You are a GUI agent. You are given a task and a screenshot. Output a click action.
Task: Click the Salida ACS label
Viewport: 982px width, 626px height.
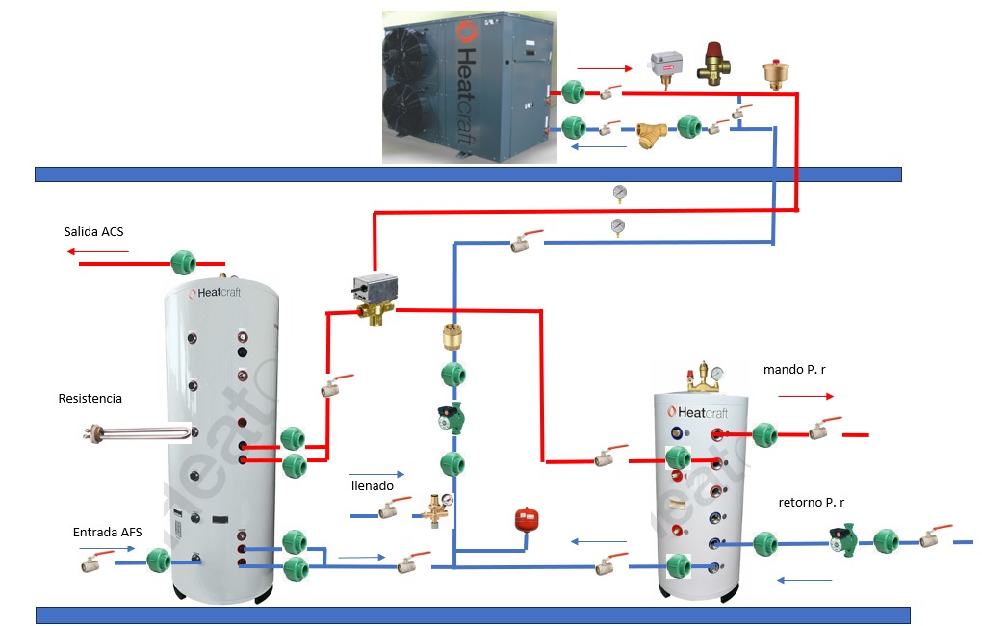coord(93,232)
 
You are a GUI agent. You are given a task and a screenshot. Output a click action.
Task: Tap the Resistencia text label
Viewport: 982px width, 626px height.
coord(90,399)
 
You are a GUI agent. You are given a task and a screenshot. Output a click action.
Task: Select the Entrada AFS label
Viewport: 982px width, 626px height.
coord(107,532)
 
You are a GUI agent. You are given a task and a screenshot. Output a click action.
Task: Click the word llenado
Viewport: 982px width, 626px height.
coord(372,486)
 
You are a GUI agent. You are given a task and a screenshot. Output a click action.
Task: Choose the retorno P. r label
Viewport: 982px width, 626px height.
coord(811,503)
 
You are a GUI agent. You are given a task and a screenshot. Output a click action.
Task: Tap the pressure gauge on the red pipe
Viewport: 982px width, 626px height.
coord(618,193)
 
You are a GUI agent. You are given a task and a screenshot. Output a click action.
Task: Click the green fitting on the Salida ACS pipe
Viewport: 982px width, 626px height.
coord(182,262)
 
